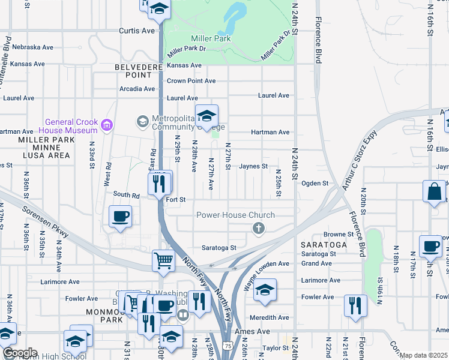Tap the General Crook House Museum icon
(107, 125)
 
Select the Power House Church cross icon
(259, 227)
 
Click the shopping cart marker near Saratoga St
(163, 260)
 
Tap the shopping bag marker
(434, 192)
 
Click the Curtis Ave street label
(137, 30)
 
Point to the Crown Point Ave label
(191, 81)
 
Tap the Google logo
(20, 353)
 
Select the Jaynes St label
(253, 166)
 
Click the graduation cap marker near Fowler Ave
(264, 290)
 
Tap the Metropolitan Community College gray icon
(142, 122)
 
